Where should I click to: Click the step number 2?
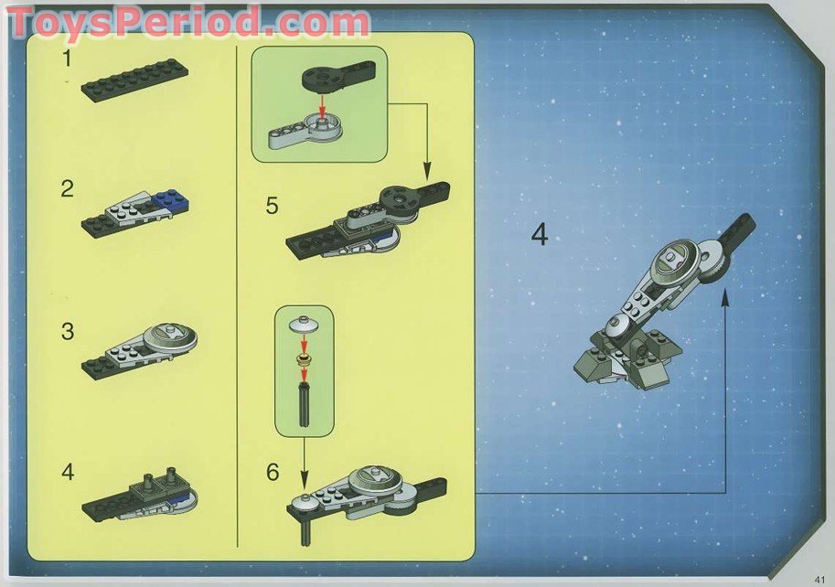pos(67,189)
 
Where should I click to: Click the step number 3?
pos(67,331)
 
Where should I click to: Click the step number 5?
pos(272,205)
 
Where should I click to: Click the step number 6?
pos(272,473)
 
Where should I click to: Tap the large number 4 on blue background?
pos(539,235)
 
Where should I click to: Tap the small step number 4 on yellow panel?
pos(67,473)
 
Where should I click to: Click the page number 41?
pos(819,576)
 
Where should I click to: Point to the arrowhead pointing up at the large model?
pos(725,298)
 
